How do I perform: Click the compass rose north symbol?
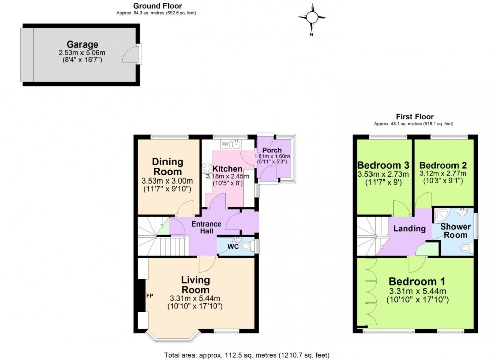pyautogui.click(x=312, y=18)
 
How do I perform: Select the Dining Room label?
pyautogui.click(x=168, y=167)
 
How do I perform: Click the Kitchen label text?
pyautogui.click(x=227, y=168)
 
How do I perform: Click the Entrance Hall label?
pyautogui.click(x=205, y=228)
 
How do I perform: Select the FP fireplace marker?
pyautogui.click(x=149, y=295)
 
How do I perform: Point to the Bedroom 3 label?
pyautogui.click(x=383, y=165)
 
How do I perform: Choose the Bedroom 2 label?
pyautogui.click(x=442, y=165)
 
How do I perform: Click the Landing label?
pyautogui.click(x=409, y=228)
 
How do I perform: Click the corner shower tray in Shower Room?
pyautogui.click(x=441, y=215)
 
